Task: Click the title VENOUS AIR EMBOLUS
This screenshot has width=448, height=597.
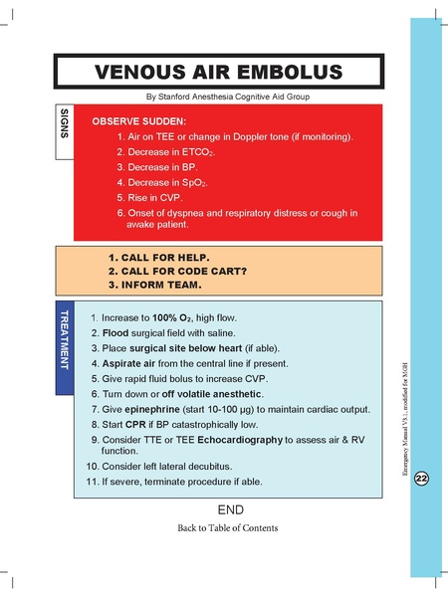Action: tap(217, 72)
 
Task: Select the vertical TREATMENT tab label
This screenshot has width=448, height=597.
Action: tap(63, 344)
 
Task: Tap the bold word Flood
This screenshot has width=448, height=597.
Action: tap(116, 333)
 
